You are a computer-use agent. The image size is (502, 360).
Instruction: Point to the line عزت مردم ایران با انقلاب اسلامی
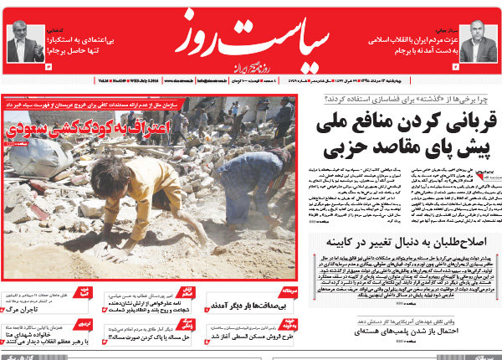tap(414, 40)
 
